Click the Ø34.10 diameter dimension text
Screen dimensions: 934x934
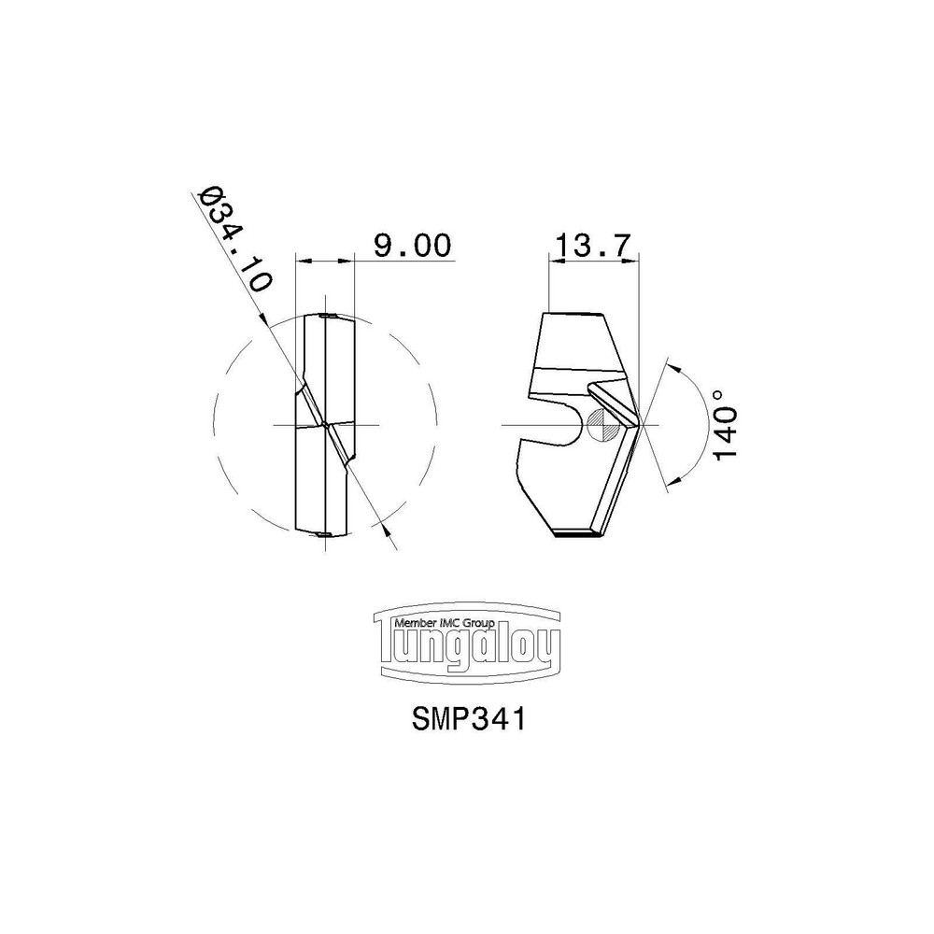coord(236,242)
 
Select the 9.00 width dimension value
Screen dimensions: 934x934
coord(412,246)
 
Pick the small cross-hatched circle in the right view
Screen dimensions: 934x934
coord(599,427)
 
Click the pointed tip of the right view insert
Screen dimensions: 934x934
coord(638,422)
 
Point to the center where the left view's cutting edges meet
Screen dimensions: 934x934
coord(323,425)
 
